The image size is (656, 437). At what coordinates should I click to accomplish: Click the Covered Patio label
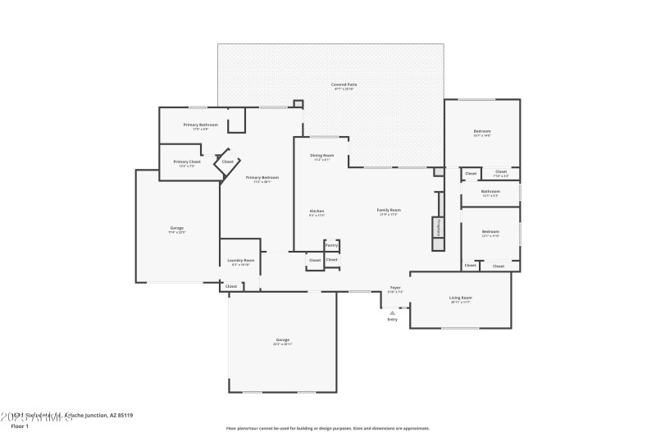[344, 84]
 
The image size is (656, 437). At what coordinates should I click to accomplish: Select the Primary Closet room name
[187, 162]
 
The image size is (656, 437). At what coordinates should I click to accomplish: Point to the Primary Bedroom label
[262, 177]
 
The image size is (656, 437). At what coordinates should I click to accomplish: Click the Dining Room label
[321, 155]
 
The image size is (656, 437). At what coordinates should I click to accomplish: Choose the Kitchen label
[317, 212]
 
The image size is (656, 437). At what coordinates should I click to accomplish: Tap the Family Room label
[388, 210]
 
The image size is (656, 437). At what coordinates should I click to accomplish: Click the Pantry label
[331, 244]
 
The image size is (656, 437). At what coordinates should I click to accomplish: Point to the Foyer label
[395, 288]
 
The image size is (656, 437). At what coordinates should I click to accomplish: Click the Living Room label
[460, 298]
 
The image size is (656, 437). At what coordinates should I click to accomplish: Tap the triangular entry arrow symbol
[392, 312]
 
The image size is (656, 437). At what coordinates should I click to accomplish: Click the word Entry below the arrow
[392, 319]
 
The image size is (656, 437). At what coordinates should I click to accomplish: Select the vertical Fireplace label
[439, 227]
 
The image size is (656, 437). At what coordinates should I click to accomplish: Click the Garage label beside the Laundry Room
[176, 228]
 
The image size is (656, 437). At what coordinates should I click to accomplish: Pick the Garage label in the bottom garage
[282, 339]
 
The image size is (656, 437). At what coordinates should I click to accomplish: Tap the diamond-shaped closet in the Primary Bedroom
[227, 162]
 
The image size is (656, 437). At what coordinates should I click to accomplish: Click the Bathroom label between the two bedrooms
[490, 192]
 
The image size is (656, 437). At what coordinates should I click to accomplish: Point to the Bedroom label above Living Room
[490, 232]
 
